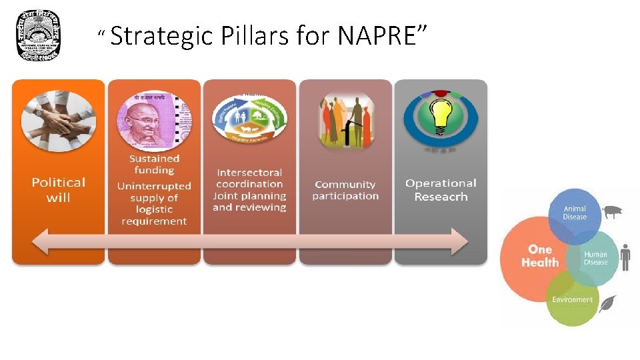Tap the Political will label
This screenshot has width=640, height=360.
coord(59,189)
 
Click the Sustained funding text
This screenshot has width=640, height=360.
coord(154,164)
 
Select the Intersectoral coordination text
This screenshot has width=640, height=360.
coord(249,178)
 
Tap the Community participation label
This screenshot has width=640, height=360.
coord(345,190)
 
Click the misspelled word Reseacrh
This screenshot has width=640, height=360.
coord(441,197)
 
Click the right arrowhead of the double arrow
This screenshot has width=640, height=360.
coord(459,241)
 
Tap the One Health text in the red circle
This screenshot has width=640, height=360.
coord(540,256)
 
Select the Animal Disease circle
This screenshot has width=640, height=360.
coord(574,213)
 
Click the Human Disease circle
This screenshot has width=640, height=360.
coord(594,257)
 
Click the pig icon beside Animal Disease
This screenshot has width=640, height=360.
coord(611,213)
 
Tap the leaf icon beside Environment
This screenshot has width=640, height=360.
coord(607,304)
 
